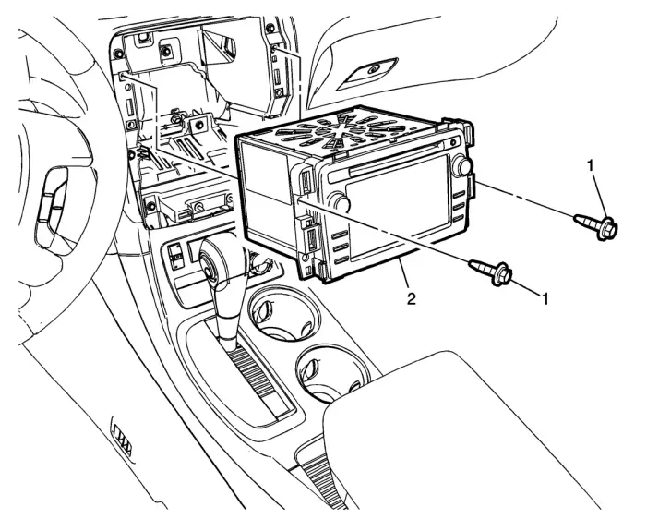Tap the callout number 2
click(x=412, y=299)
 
